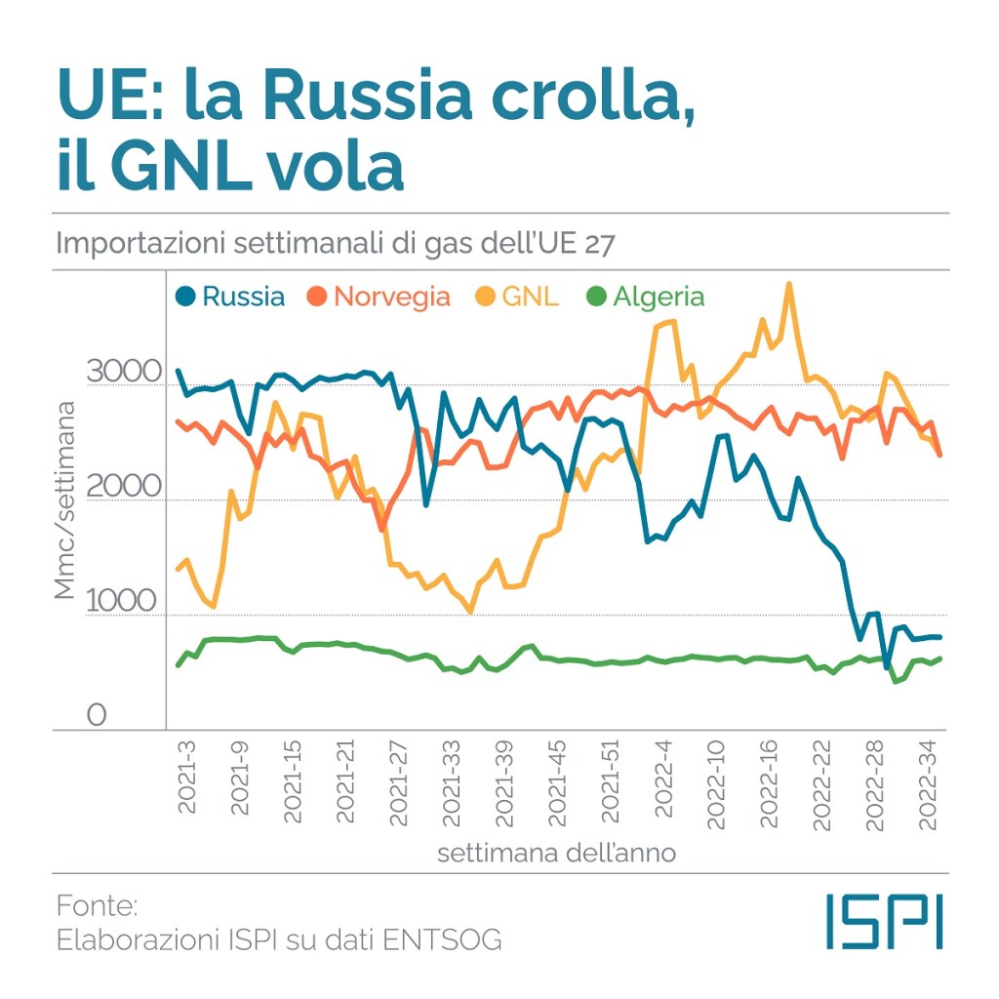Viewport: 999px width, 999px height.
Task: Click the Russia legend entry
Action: click(x=231, y=297)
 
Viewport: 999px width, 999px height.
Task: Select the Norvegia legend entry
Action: click(x=380, y=297)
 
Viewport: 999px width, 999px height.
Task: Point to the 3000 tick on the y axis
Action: click(x=122, y=373)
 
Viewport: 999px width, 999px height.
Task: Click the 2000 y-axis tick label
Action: click(x=122, y=487)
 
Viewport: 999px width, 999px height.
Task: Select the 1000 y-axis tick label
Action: click(x=122, y=602)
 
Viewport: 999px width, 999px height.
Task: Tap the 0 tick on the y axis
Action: click(x=96, y=717)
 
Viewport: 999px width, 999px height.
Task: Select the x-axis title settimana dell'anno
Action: click(x=556, y=854)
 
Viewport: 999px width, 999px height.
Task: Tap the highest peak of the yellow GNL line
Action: click(x=789, y=284)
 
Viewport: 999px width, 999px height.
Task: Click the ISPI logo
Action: click(x=884, y=921)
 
